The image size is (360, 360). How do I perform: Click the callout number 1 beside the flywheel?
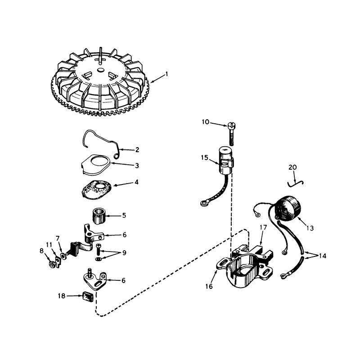point(167,74)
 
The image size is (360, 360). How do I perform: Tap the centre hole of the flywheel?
point(100,70)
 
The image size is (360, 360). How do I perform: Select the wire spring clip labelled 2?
point(101,144)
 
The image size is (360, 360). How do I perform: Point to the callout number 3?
point(137,166)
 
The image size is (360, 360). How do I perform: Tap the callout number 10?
point(206,122)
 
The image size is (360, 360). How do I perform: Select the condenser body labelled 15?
point(227,161)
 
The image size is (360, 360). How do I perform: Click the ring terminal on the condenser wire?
point(203,203)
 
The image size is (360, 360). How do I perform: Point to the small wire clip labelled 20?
point(296,183)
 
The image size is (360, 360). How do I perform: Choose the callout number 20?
point(292,167)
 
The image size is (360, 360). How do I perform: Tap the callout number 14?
point(322,256)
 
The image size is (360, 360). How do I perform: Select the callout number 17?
point(263,227)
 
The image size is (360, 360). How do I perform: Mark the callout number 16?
point(209,286)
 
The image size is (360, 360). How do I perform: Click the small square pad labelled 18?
point(88,297)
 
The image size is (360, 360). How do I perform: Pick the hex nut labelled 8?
point(51,265)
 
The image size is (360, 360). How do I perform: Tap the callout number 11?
point(49,245)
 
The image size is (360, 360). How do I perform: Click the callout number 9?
point(124,253)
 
